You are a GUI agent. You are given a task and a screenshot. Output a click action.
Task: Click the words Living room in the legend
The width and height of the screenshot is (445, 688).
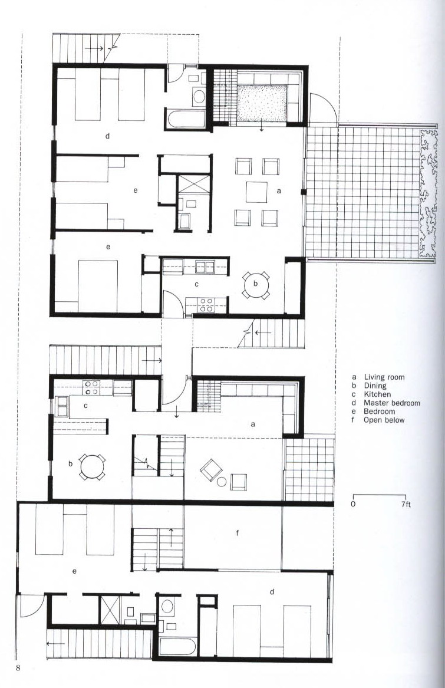[x=384, y=377]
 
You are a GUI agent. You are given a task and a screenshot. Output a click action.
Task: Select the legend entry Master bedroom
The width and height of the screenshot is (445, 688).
[x=391, y=403]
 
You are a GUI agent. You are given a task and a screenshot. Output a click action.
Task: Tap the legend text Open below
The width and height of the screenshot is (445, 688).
[x=384, y=420]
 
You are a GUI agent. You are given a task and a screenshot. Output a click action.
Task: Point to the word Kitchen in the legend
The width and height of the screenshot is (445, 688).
[x=377, y=394]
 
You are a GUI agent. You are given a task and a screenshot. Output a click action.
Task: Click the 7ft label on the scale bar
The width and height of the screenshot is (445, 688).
[x=406, y=504]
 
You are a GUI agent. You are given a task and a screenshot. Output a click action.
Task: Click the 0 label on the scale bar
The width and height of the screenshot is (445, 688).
[x=353, y=504]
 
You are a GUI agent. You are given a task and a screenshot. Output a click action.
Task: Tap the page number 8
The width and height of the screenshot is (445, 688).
[x=18, y=669]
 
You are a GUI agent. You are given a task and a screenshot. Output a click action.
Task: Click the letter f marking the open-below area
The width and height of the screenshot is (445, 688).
[x=238, y=533]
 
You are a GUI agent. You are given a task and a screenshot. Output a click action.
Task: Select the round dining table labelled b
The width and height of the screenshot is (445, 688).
[x=255, y=284]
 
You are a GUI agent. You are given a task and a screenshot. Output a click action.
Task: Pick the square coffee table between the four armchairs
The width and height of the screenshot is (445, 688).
[x=256, y=192]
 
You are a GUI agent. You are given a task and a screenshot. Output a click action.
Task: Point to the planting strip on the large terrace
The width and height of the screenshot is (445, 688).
[x=428, y=193]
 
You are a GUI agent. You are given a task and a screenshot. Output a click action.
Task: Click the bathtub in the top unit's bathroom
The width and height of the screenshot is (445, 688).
[x=186, y=119]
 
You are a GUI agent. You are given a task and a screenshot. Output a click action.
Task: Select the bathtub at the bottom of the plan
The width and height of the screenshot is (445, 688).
[x=177, y=647]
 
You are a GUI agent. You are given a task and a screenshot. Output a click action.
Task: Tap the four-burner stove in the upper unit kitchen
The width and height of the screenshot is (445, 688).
[x=206, y=305]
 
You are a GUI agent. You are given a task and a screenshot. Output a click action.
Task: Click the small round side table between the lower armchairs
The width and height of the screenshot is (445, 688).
[x=221, y=482]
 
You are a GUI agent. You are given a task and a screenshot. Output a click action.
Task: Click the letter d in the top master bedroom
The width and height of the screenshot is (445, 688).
[x=107, y=136]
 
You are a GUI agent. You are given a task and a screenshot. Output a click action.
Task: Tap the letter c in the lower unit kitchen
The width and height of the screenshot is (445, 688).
[x=85, y=406]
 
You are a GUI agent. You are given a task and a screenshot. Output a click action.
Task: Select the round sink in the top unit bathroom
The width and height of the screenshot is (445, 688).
[x=199, y=97]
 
